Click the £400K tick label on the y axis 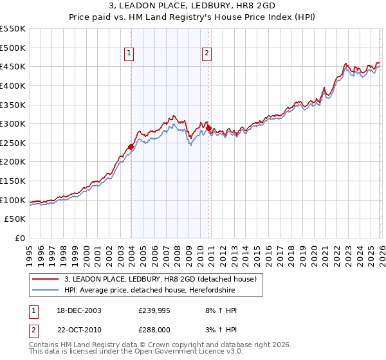pos(13,85)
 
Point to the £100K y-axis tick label pos(13,200)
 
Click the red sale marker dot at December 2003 pos(131,147)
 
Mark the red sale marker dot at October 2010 pos(208,128)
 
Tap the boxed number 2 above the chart pos(207,54)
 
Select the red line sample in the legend pos(45,279)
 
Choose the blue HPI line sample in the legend pos(45,289)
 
